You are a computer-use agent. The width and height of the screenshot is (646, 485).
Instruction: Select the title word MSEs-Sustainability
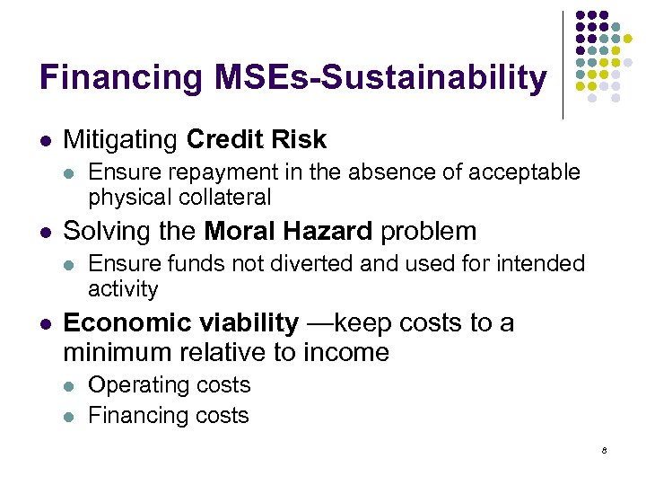click(x=380, y=78)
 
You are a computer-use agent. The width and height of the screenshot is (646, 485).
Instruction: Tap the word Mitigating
click(x=120, y=140)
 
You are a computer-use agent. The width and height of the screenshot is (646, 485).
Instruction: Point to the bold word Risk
click(x=300, y=139)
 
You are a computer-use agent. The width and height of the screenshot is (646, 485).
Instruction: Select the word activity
click(x=123, y=289)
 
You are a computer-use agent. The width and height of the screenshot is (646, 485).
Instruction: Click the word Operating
click(x=132, y=384)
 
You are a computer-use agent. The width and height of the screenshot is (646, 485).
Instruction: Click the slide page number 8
click(x=605, y=450)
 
